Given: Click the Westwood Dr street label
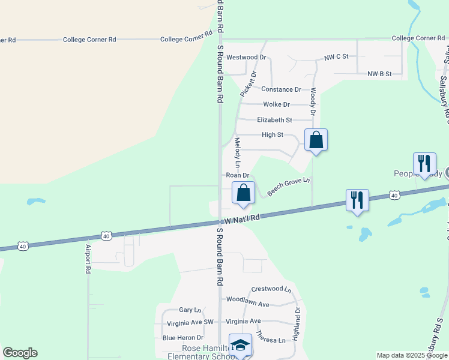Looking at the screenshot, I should (246, 58).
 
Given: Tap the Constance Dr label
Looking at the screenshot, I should (281, 89).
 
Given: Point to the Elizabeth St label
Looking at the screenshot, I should (274, 120).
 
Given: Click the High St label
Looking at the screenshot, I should (272, 135).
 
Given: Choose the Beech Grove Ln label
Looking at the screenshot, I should (289, 187).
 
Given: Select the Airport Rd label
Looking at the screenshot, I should (88, 259).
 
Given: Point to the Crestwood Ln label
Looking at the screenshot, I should (271, 289).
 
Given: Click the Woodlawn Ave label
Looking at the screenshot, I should (247, 299).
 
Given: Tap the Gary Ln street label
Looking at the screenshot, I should (190, 310).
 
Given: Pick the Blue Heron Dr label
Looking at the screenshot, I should (183, 338).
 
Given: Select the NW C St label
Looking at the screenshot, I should (336, 57).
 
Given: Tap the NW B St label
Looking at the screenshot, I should (379, 74).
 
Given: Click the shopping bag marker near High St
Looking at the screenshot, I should (316, 141).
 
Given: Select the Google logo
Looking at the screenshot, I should (20, 353).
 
